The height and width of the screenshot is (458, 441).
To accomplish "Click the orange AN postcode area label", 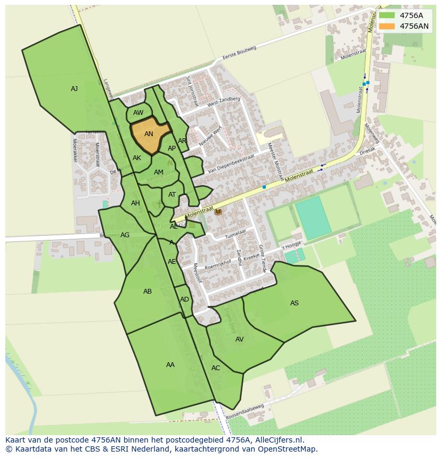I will click(x=149, y=134).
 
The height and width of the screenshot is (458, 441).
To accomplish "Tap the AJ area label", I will click(x=74, y=89).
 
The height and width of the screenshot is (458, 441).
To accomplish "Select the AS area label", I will click(x=294, y=303).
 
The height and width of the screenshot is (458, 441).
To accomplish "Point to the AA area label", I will click(x=170, y=365).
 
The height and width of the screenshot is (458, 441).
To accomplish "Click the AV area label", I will click(x=239, y=339).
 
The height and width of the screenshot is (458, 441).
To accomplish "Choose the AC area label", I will click(x=215, y=368).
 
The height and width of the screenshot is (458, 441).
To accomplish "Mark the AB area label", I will click(x=148, y=292).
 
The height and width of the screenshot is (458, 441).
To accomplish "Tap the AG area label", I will click(x=125, y=235).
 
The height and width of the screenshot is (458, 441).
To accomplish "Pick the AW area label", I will click(x=138, y=113).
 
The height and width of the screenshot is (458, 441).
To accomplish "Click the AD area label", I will click(x=184, y=299).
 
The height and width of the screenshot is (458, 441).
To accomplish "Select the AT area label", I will click(x=172, y=195).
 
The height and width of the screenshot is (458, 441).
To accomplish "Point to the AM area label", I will click(x=158, y=172).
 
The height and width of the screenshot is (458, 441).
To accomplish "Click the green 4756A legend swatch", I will click(x=387, y=15).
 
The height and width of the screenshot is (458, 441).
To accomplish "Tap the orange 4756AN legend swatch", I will click(x=387, y=26).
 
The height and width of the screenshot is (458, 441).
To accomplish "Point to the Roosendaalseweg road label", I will click(x=245, y=411).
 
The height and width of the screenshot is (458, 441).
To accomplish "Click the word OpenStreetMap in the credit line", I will click(x=288, y=449).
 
